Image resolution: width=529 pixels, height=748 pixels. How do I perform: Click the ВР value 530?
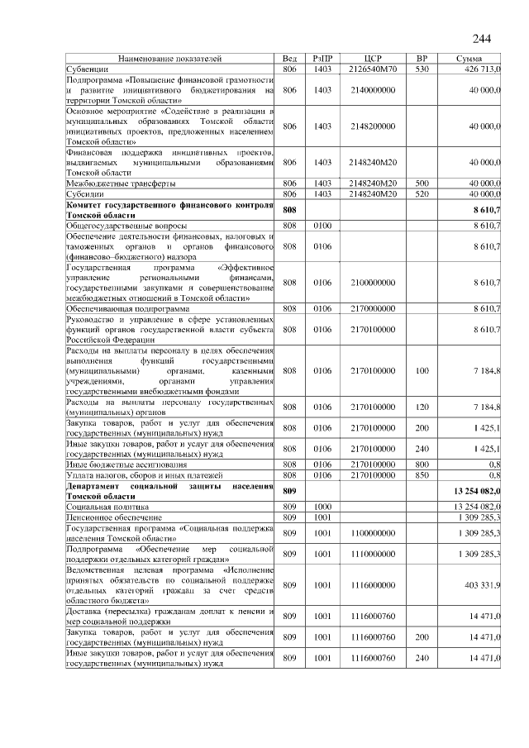tap(422, 69)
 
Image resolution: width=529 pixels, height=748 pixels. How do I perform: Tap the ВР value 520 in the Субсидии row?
tap(422, 193)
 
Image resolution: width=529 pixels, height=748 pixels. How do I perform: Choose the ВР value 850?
tap(422, 475)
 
